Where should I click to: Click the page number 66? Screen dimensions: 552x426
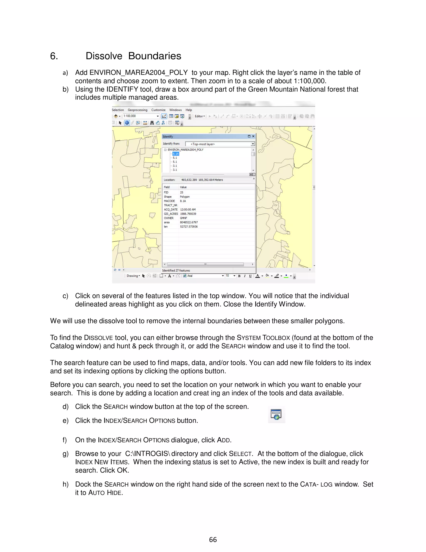pyautogui.click(x=213, y=540)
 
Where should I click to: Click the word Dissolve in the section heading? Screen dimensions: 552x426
pyautogui.click(x=104, y=56)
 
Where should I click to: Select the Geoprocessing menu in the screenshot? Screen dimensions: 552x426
pyautogui.click(x=137, y=110)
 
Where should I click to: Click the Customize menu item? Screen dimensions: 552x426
pyautogui.click(x=158, y=110)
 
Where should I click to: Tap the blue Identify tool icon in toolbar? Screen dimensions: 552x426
pyautogui.click(x=127, y=123)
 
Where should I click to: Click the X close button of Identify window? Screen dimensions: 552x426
pyautogui.click(x=253, y=136)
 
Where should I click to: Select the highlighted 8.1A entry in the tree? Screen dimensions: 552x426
pyautogui.click(x=176, y=154)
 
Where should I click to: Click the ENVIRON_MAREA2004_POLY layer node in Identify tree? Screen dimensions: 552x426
pyautogui.click(x=185, y=150)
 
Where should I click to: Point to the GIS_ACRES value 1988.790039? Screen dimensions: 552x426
pyautogui.click(x=188, y=214)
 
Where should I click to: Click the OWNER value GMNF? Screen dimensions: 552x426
pyautogui.click(x=183, y=218)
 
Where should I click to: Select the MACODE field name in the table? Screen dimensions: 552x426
pyautogui.click(x=169, y=201)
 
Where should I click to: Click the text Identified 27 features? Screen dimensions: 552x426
pyautogui.click(x=176, y=270)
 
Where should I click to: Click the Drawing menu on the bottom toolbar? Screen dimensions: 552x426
pyautogui.click(x=133, y=276)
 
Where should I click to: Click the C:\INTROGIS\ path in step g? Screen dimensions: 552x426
pyautogui.click(x=148, y=454)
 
